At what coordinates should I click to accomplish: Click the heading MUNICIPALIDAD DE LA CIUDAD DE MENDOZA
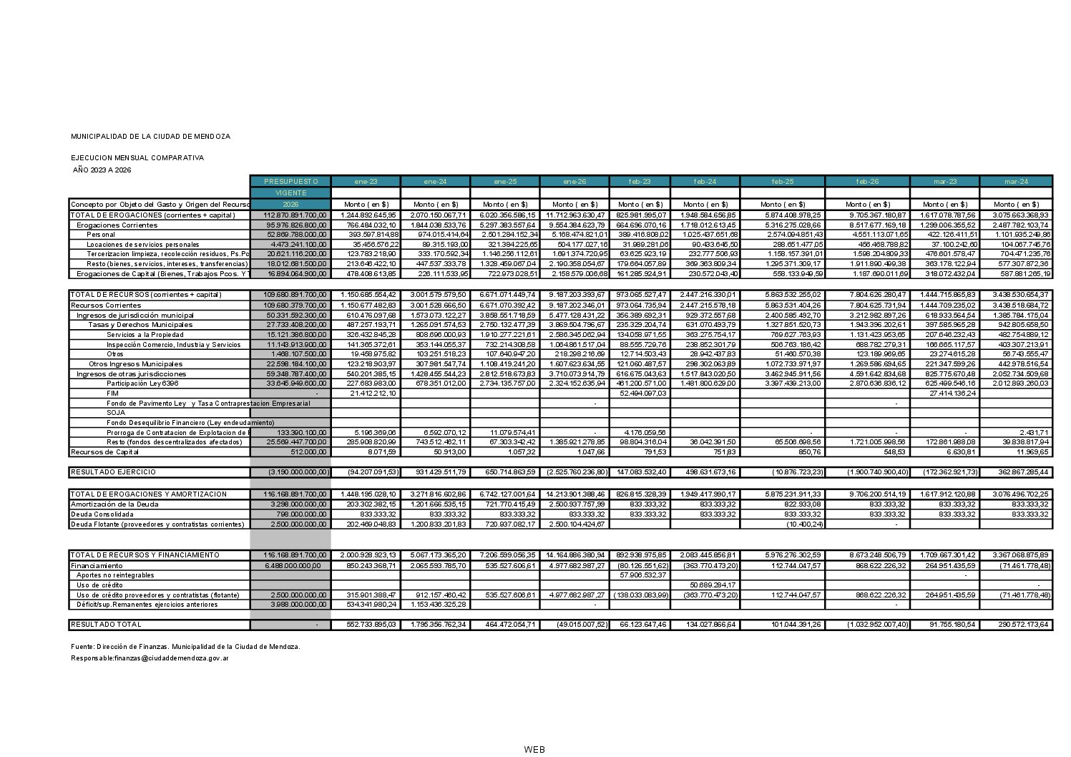(x=150, y=136)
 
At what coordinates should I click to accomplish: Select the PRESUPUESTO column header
(x=290, y=181)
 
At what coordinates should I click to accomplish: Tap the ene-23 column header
(x=366, y=181)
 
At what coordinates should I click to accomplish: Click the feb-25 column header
(x=783, y=181)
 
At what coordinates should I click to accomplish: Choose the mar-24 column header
(x=1016, y=181)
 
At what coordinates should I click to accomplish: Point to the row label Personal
(x=101, y=235)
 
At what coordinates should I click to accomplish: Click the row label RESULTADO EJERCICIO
(x=113, y=472)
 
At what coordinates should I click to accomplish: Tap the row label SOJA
(x=116, y=413)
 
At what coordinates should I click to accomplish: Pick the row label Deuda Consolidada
(x=102, y=514)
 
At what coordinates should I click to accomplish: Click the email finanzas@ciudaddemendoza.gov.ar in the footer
(x=172, y=658)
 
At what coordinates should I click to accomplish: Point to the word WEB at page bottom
(x=534, y=750)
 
